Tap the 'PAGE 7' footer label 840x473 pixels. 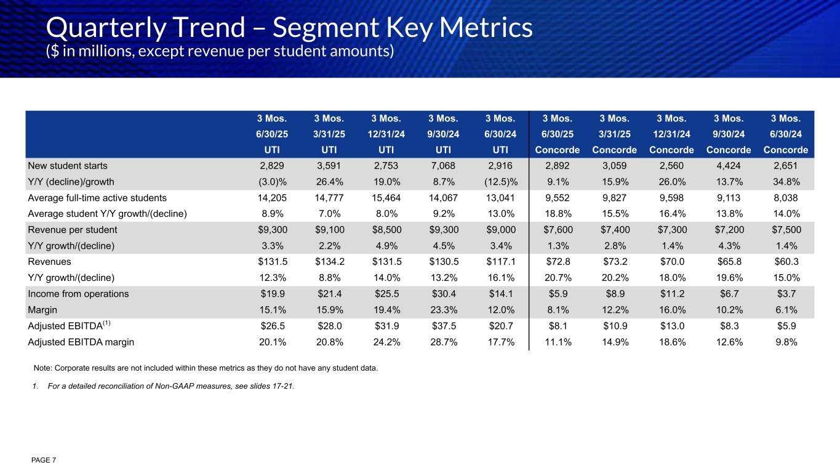(45, 460)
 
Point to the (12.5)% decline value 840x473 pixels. (500, 182)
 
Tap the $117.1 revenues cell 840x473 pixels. (500, 262)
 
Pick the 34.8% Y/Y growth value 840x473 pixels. (785, 182)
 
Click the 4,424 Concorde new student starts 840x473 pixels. (728, 166)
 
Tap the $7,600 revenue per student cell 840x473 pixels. (557, 230)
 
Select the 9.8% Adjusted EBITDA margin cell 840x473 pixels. (785, 342)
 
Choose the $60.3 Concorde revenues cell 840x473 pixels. (785, 262)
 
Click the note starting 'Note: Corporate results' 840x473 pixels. (206, 368)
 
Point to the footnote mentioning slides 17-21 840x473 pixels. (162, 387)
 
